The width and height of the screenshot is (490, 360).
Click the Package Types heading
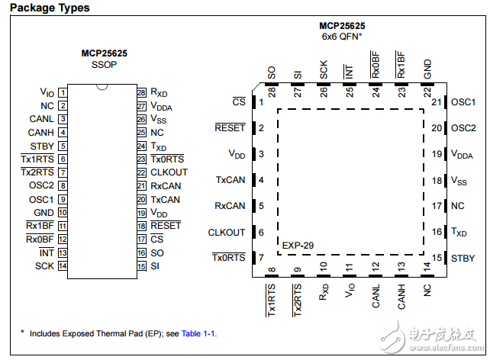[50, 8]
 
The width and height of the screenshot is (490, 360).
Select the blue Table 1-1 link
[198, 333]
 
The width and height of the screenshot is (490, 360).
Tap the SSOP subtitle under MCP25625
[104, 65]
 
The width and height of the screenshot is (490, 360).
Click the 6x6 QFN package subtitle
[342, 37]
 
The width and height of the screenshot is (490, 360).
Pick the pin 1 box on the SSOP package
[63, 93]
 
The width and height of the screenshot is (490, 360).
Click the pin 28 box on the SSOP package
[141, 93]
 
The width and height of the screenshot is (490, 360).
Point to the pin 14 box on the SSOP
[63, 266]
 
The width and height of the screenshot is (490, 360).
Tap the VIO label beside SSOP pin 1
[47, 92]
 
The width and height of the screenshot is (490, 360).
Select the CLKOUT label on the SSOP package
[169, 172]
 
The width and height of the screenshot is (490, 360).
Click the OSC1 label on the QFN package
[463, 102]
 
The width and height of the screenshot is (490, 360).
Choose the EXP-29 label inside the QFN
[298, 246]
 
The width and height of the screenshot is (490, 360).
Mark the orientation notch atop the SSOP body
[102, 87]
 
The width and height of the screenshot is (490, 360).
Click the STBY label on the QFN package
[463, 259]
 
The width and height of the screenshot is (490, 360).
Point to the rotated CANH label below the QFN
[401, 296]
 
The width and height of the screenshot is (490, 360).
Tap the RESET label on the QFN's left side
[230, 127]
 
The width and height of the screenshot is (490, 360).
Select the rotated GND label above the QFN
[427, 69]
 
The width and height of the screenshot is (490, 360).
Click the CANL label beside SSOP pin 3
[41, 119]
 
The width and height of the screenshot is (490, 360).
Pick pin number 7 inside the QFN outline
[261, 258]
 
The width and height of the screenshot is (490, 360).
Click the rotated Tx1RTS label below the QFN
[271, 300]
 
